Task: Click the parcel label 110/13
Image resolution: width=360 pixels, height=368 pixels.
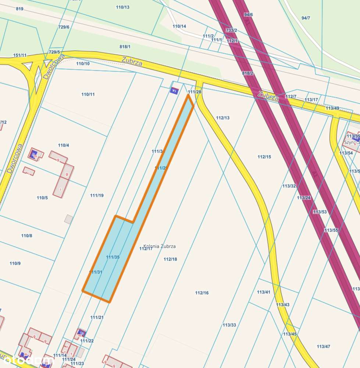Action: [122, 7]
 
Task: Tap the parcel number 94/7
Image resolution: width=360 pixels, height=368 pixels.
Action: [306, 18]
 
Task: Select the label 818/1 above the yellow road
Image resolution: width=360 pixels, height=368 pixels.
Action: [125, 46]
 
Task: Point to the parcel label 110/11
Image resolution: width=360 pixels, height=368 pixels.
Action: [88, 94]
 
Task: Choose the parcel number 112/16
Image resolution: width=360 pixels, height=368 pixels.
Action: [202, 293]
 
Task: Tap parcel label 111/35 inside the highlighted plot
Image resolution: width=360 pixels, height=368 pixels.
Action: [113, 257]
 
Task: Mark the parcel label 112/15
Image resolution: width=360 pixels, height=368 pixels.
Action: [264, 157]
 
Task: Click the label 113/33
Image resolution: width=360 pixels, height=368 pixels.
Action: [229, 325]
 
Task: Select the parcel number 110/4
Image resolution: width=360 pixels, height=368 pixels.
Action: [63, 145]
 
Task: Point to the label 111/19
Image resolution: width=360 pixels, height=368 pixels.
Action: [97, 195]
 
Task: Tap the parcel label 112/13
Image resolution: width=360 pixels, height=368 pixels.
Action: [222, 118]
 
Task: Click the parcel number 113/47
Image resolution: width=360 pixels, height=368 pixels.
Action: [323, 346]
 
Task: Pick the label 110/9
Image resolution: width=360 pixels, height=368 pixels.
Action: [15, 263]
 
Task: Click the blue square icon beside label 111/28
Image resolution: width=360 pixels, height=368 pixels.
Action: [174, 90]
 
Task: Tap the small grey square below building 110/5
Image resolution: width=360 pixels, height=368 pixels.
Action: [68, 219]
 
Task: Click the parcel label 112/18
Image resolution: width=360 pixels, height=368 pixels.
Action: [170, 259]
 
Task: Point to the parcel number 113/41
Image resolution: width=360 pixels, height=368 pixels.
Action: [263, 292]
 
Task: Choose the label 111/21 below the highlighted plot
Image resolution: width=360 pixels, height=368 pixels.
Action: [97, 317]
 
